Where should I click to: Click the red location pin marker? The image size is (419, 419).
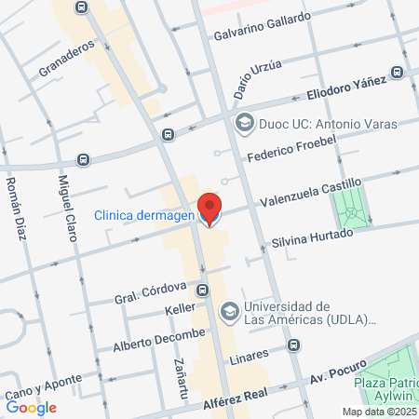click(x=210, y=209)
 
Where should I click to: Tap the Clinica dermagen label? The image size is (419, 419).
click(x=143, y=216)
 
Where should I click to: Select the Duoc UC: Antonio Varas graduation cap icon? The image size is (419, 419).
click(x=245, y=123)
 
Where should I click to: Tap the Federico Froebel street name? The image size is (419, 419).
click(x=290, y=148)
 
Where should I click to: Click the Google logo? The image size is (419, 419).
click(x=31, y=407)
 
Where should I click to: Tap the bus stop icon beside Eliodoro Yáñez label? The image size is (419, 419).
click(x=398, y=72)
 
